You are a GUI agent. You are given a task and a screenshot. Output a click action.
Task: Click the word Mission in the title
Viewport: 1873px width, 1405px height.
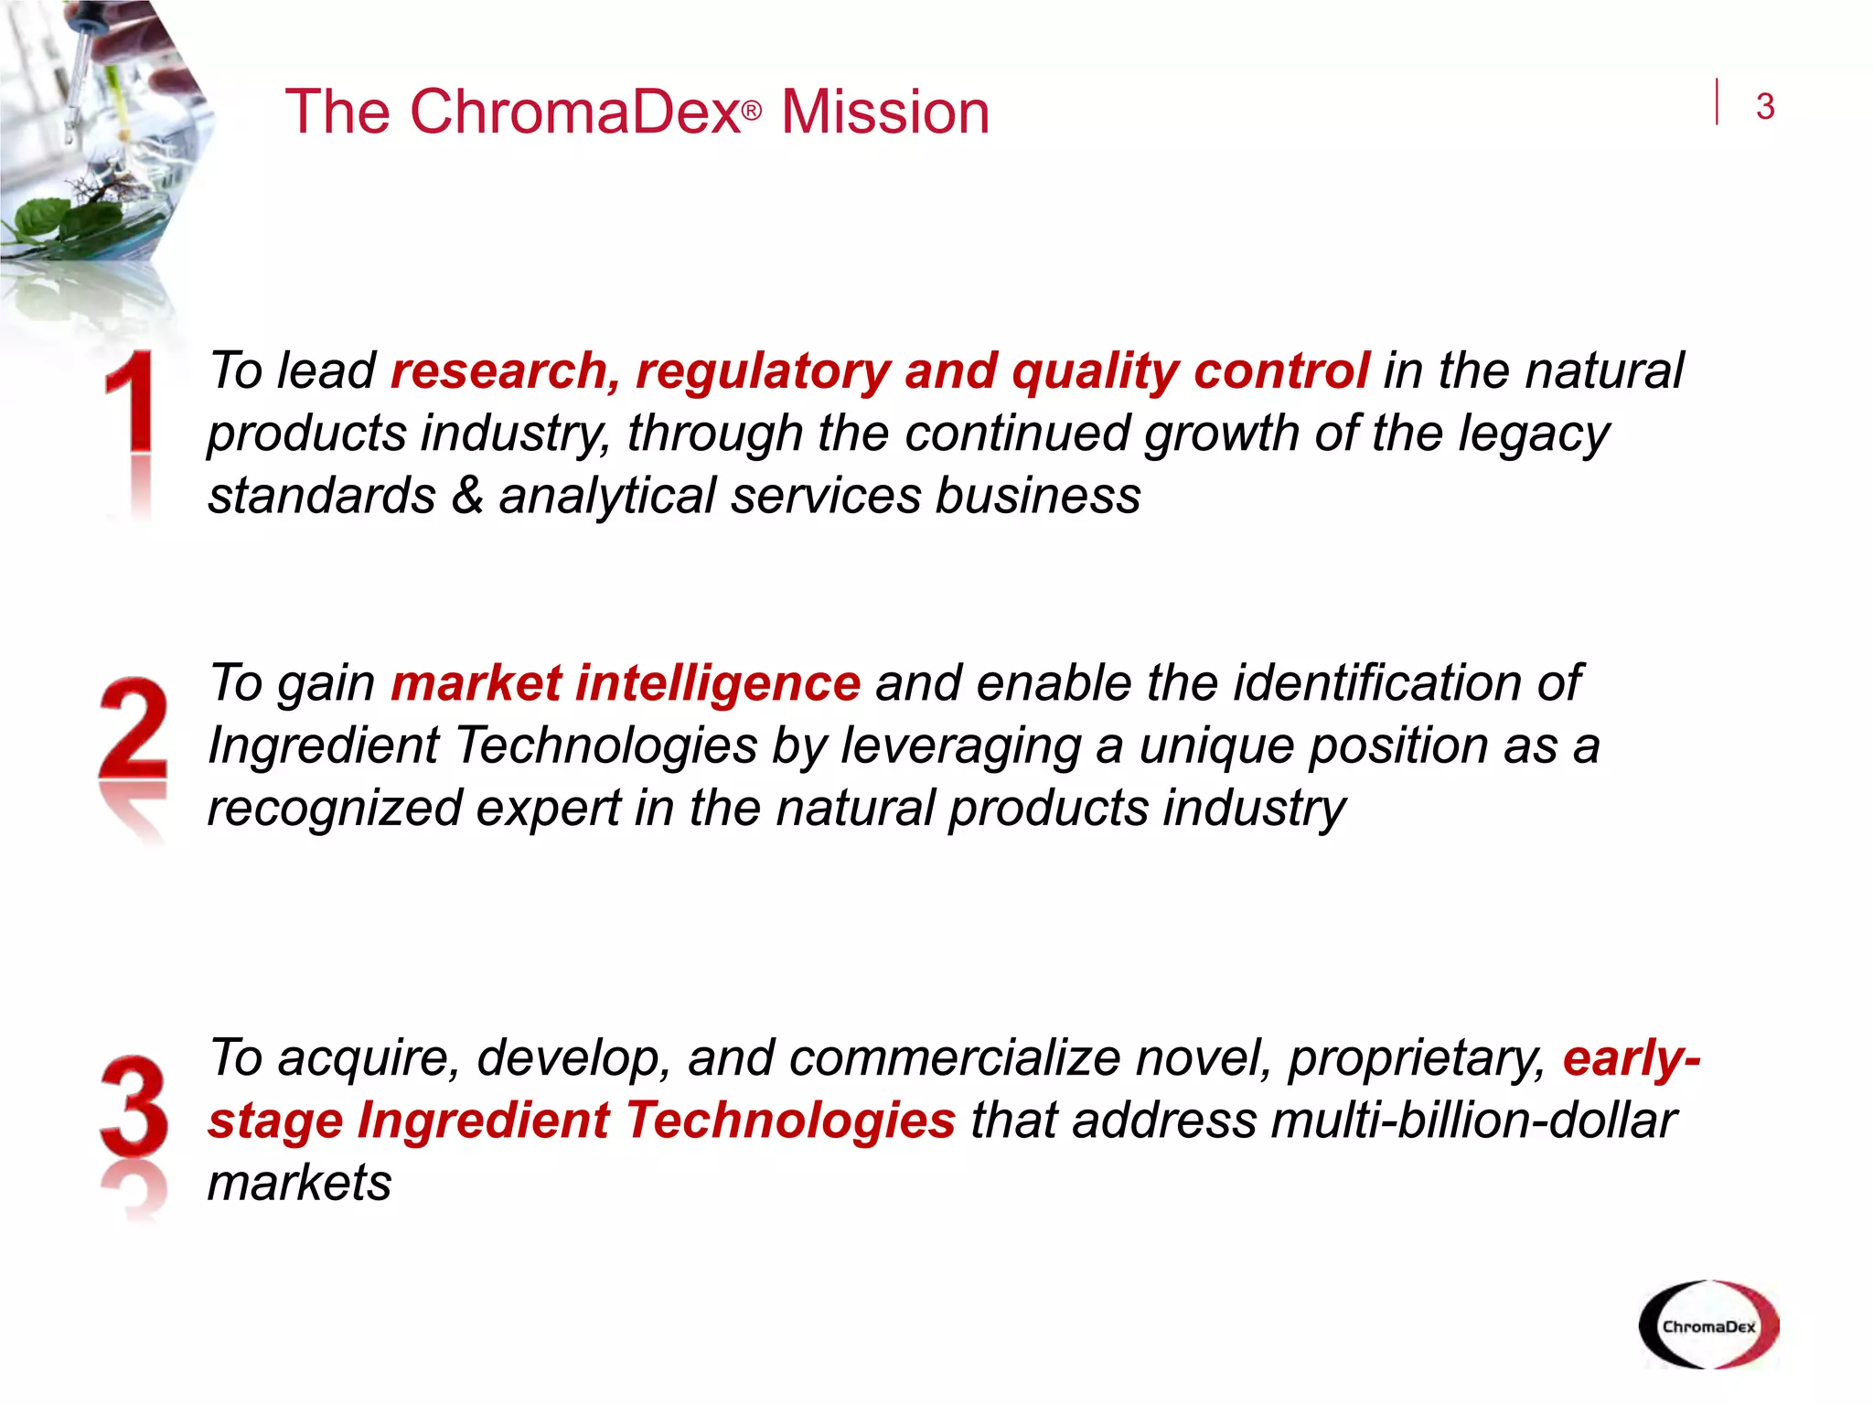click(884, 113)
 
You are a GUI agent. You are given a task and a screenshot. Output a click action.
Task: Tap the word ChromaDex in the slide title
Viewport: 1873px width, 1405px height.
click(574, 113)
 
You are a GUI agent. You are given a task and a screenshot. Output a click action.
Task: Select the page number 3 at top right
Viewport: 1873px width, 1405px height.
click(1765, 107)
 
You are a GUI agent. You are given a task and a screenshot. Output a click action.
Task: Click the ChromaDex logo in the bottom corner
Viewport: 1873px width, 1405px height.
click(1708, 1325)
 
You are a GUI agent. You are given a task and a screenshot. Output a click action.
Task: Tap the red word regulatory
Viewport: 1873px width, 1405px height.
click(763, 372)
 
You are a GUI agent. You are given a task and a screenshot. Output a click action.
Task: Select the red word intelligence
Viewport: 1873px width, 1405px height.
click(718, 683)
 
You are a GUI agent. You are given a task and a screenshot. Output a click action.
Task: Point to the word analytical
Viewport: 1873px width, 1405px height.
click(606, 497)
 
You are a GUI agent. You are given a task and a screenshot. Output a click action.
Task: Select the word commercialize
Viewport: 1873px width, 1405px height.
click(955, 1058)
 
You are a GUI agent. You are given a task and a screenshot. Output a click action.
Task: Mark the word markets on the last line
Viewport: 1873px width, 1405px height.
click(299, 1183)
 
